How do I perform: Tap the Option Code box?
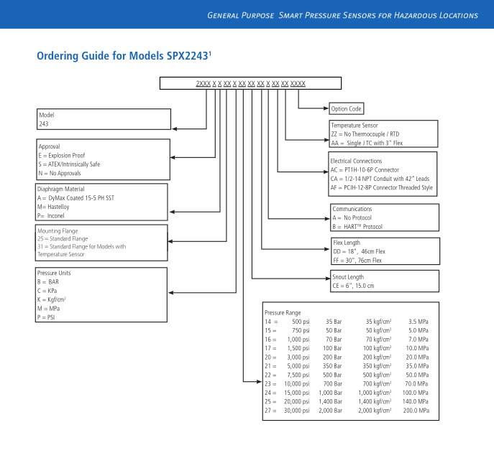pyautogui.click(x=346, y=109)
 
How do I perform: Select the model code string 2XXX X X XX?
pyautogui.click(x=250, y=84)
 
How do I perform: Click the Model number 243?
pyautogui.click(x=44, y=123)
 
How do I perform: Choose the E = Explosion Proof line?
pyautogui.click(x=61, y=155)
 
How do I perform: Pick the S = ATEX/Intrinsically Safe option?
pyautogui.click(x=69, y=164)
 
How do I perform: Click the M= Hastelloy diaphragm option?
pyautogui.click(x=58, y=206)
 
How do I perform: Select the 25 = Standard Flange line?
pyautogui.click(x=63, y=238)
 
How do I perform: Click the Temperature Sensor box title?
pyautogui.click(x=354, y=126)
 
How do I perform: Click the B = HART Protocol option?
pyautogui.click(x=357, y=226)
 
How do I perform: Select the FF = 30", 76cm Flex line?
pyautogui.click(x=357, y=260)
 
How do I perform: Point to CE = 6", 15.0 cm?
pyautogui.click(x=353, y=286)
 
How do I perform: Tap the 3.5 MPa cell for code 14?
pyautogui.click(x=418, y=322)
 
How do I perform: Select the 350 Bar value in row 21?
pyautogui.click(x=333, y=366)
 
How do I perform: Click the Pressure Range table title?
pyautogui.click(x=283, y=312)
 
